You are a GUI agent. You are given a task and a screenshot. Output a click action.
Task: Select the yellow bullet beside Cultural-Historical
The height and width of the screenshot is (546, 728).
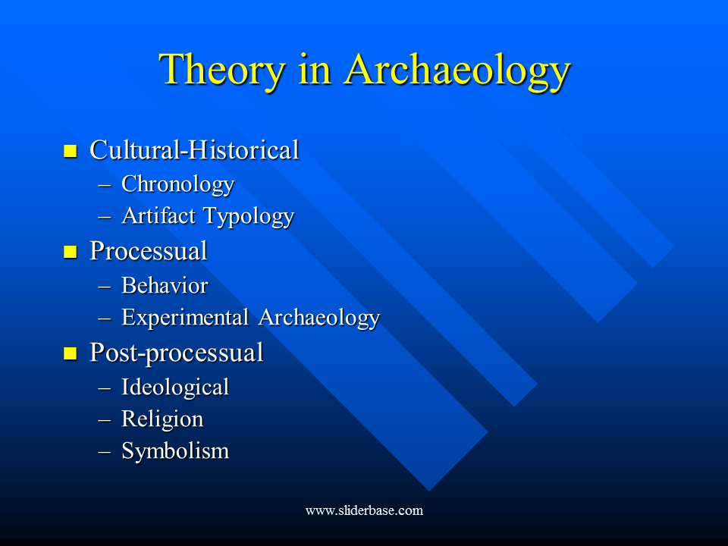(71, 151)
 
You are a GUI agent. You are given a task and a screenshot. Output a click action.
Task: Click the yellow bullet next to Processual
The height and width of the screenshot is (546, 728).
(71, 252)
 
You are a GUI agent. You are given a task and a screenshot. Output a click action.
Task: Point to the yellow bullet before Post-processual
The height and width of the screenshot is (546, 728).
(71, 353)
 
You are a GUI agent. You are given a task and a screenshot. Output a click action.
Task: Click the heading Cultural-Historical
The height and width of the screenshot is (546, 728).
(194, 150)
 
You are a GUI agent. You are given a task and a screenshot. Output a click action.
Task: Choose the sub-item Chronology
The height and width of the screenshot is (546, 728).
(177, 184)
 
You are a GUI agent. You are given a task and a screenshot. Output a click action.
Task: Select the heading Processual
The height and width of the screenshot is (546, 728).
(148, 251)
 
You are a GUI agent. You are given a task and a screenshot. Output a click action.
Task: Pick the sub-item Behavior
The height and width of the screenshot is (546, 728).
(164, 286)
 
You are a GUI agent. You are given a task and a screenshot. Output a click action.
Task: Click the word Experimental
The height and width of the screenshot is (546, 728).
(186, 318)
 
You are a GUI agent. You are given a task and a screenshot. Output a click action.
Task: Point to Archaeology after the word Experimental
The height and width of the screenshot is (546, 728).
(318, 318)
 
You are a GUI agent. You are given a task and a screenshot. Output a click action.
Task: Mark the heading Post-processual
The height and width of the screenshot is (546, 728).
(176, 353)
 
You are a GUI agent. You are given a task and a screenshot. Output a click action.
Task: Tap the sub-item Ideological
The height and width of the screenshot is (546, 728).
(174, 388)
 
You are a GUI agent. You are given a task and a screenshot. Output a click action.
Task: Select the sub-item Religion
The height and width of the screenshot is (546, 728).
(162, 419)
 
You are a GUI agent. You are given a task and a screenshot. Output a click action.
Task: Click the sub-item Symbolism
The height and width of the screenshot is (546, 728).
(174, 452)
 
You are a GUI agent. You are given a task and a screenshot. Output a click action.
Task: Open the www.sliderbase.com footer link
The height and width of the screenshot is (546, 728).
(364, 510)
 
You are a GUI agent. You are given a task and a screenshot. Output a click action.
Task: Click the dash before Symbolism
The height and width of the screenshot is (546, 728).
(105, 452)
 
